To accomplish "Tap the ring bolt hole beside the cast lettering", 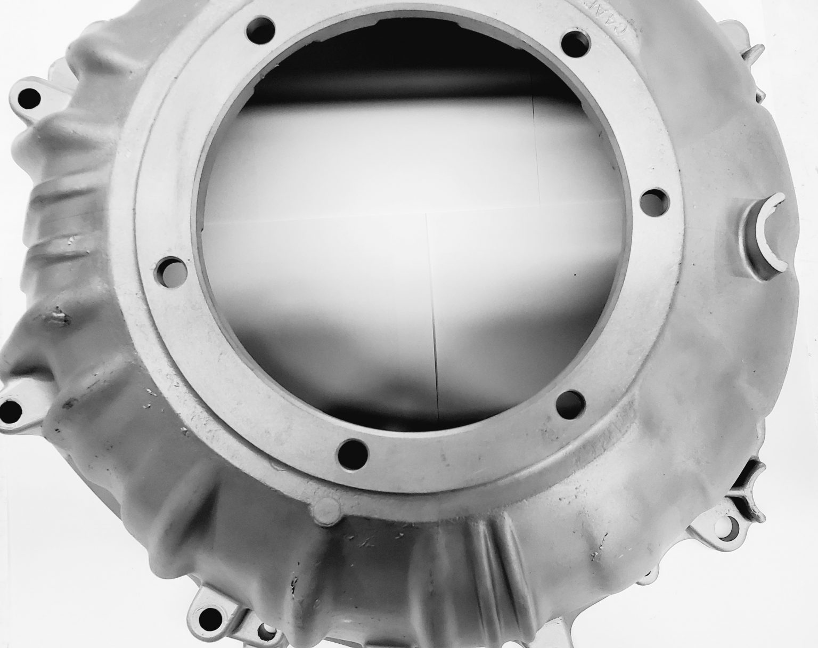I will point(573,39).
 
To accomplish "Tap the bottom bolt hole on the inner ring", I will point(351,452).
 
